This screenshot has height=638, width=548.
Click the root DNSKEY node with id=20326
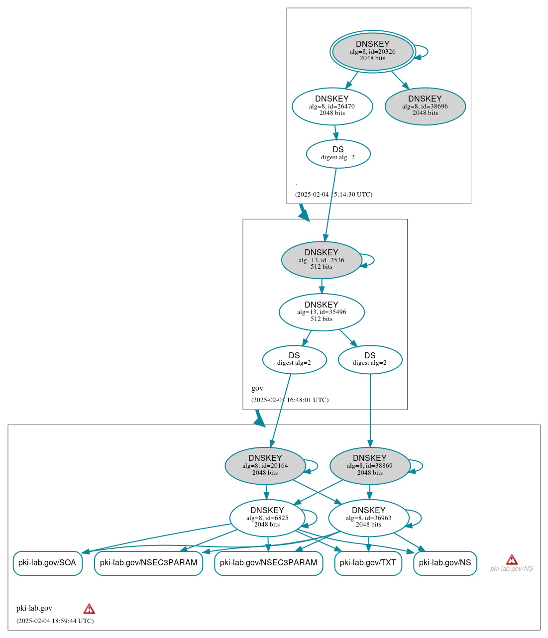(x=372, y=51)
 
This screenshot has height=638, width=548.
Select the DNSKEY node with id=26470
(x=332, y=106)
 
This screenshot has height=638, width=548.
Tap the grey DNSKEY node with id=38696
(x=425, y=106)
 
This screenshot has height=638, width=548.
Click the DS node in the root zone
(x=338, y=153)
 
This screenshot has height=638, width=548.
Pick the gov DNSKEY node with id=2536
(x=322, y=260)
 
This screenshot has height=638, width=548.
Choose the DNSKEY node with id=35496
(x=322, y=312)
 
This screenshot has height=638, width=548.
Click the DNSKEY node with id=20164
(x=265, y=466)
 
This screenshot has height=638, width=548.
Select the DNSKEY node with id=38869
(x=370, y=466)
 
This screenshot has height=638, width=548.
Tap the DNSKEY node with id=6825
(x=267, y=518)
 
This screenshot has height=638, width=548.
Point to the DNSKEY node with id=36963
(x=368, y=518)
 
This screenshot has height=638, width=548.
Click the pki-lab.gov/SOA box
(x=47, y=563)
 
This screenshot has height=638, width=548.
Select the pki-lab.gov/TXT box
(x=368, y=563)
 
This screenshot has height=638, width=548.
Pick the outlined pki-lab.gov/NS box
(x=445, y=563)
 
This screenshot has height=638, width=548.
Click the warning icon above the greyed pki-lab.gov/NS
(x=512, y=560)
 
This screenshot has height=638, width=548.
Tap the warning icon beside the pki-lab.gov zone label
(x=89, y=609)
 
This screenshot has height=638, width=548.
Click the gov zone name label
(x=257, y=388)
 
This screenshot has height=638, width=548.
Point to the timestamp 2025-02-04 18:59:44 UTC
(x=55, y=621)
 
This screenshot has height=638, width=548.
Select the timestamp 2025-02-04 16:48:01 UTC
(x=290, y=400)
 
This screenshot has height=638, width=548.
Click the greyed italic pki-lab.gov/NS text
(x=512, y=569)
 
